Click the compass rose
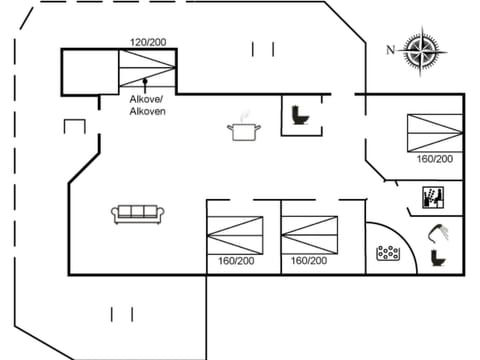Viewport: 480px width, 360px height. (x=421, y=49)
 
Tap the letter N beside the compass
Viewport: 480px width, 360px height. (x=391, y=49)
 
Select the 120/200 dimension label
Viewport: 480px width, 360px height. (x=147, y=42)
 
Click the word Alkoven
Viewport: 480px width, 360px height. (x=147, y=111)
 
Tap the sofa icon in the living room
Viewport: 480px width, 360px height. (x=137, y=213)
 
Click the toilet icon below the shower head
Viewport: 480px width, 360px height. (x=436, y=258)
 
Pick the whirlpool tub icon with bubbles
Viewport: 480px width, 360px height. (x=388, y=253)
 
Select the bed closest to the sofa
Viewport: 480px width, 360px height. (x=234, y=233)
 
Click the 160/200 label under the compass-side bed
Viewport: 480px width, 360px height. (x=435, y=159)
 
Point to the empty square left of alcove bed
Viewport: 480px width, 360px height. (x=90, y=71)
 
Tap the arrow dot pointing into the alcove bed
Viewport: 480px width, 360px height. (x=146, y=80)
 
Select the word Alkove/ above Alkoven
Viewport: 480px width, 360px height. (x=147, y=99)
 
